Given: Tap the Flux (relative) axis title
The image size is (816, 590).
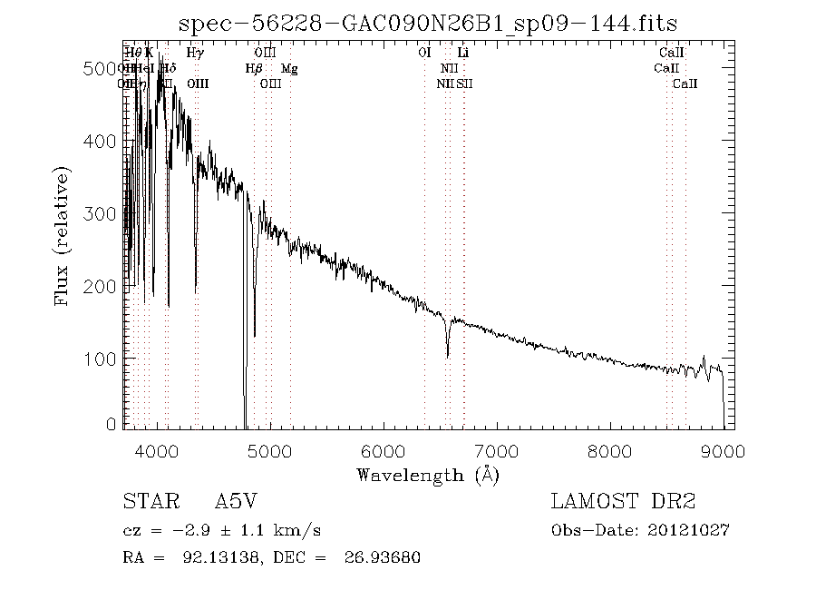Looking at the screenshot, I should coord(63,236).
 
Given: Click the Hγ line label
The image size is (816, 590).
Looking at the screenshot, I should coord(195,53).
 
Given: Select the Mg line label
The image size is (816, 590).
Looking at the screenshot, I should coord(288,68).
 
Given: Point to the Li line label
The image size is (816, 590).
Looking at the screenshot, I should coord(463,53).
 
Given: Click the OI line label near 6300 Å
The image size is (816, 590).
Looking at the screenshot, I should coord(424,53).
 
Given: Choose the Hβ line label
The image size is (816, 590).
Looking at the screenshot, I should coord(254,68).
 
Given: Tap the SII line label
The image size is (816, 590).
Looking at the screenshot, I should coord(464,84).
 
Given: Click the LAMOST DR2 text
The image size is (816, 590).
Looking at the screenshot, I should coord(622,501).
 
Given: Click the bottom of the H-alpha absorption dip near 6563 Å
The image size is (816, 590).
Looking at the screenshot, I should coord(447,357).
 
